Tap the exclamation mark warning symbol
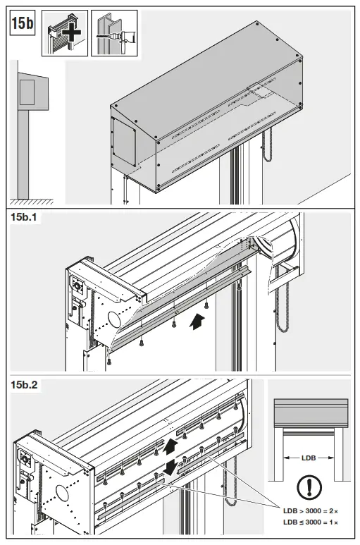(x=309, y=488)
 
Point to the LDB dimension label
(x=309, y=458)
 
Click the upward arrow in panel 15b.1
(x=199, y=322)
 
